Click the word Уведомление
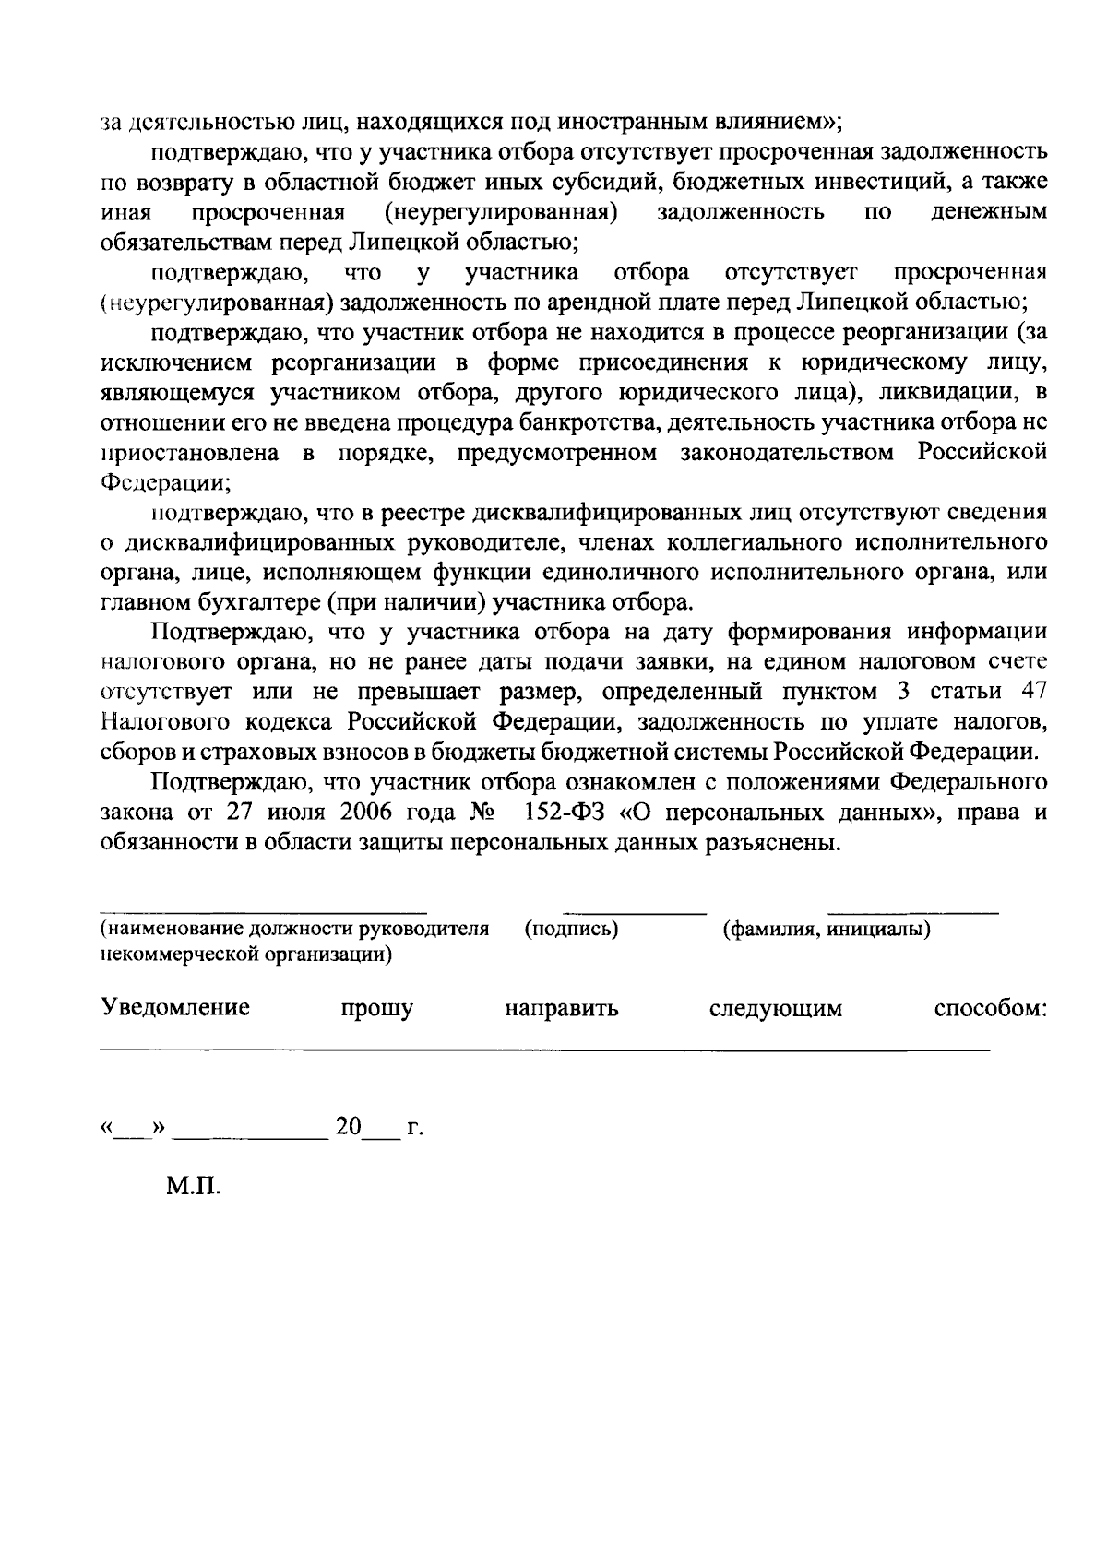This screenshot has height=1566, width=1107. [x=175, y=1007]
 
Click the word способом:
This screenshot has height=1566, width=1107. [x=991, y=1008]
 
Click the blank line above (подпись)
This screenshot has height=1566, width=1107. [x=635, y=913]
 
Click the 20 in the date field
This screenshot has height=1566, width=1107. [x=349, y=1126]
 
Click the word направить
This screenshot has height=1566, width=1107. [x=561, y=1008]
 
